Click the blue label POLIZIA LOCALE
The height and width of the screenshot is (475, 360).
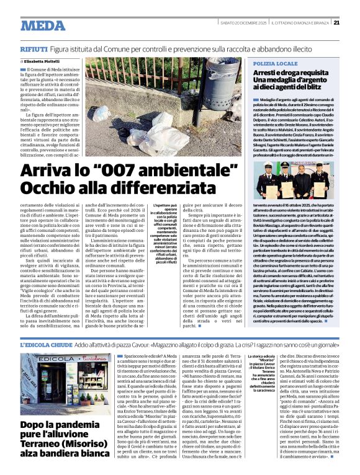coord(274,64)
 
